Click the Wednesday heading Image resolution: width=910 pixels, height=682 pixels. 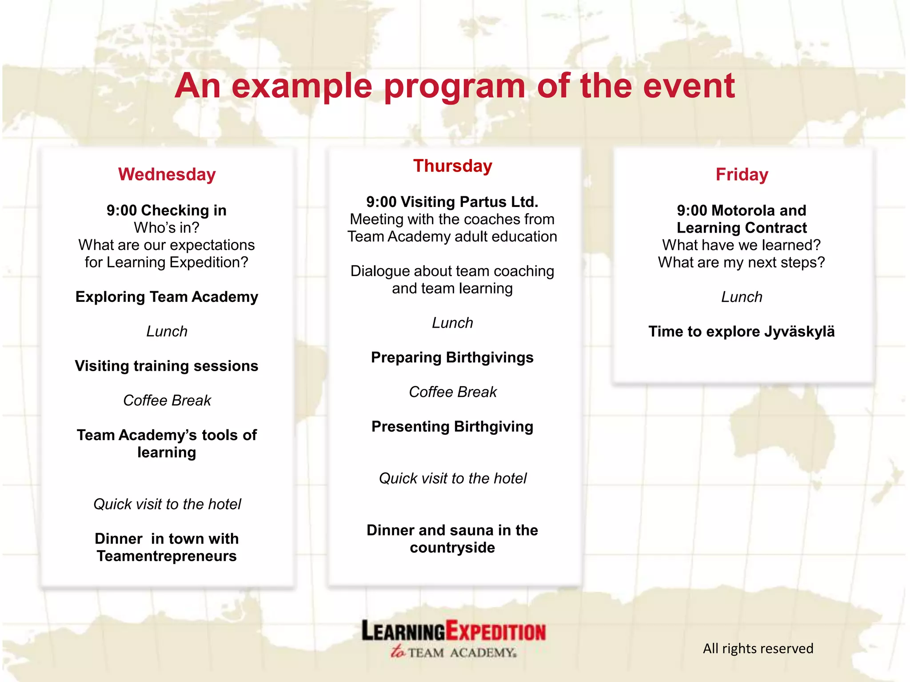pyautogui.click(x=167, y=174)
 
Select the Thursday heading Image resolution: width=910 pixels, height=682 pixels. pyautogui.click(x=452, y=166)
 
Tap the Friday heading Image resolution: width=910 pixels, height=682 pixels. pyautogui.click(x=742, y=174)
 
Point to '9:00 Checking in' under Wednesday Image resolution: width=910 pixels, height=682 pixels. pyautogui.click(x=166, y=210)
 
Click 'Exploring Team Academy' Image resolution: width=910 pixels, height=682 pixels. pyautogui.click(x=167, y=297)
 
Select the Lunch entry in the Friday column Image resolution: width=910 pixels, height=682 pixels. pyautogui.click(x=742, y=297)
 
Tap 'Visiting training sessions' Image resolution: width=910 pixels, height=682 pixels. pyautogui.click(x=167, y=366)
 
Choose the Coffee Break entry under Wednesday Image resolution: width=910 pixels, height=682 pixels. pyautogui.click(x=167, y=400)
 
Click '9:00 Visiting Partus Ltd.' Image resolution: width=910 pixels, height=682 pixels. pyautogui.click(x=452, y=202)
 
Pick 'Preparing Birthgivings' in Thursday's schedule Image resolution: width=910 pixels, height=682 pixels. pyautogui.click(x=452, y=357)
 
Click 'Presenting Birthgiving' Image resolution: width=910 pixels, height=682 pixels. pyautogui.click(x=452, y=427)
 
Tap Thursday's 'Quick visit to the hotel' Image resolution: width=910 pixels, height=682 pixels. pyautogui.click(x=452, y=479)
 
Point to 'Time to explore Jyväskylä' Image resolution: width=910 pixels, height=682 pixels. pyautogui.click(x=741, y=332)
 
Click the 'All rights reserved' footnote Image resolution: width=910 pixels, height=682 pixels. pyautogui.click(x=758, y=649)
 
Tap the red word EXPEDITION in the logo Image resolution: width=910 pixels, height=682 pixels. pyautogui.click(x=495, y=631)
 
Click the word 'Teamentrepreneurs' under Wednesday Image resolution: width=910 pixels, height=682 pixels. pyautogui.click(x=167, y=556)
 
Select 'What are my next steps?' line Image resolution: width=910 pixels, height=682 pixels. pyautogui.click(x=741, y=262)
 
